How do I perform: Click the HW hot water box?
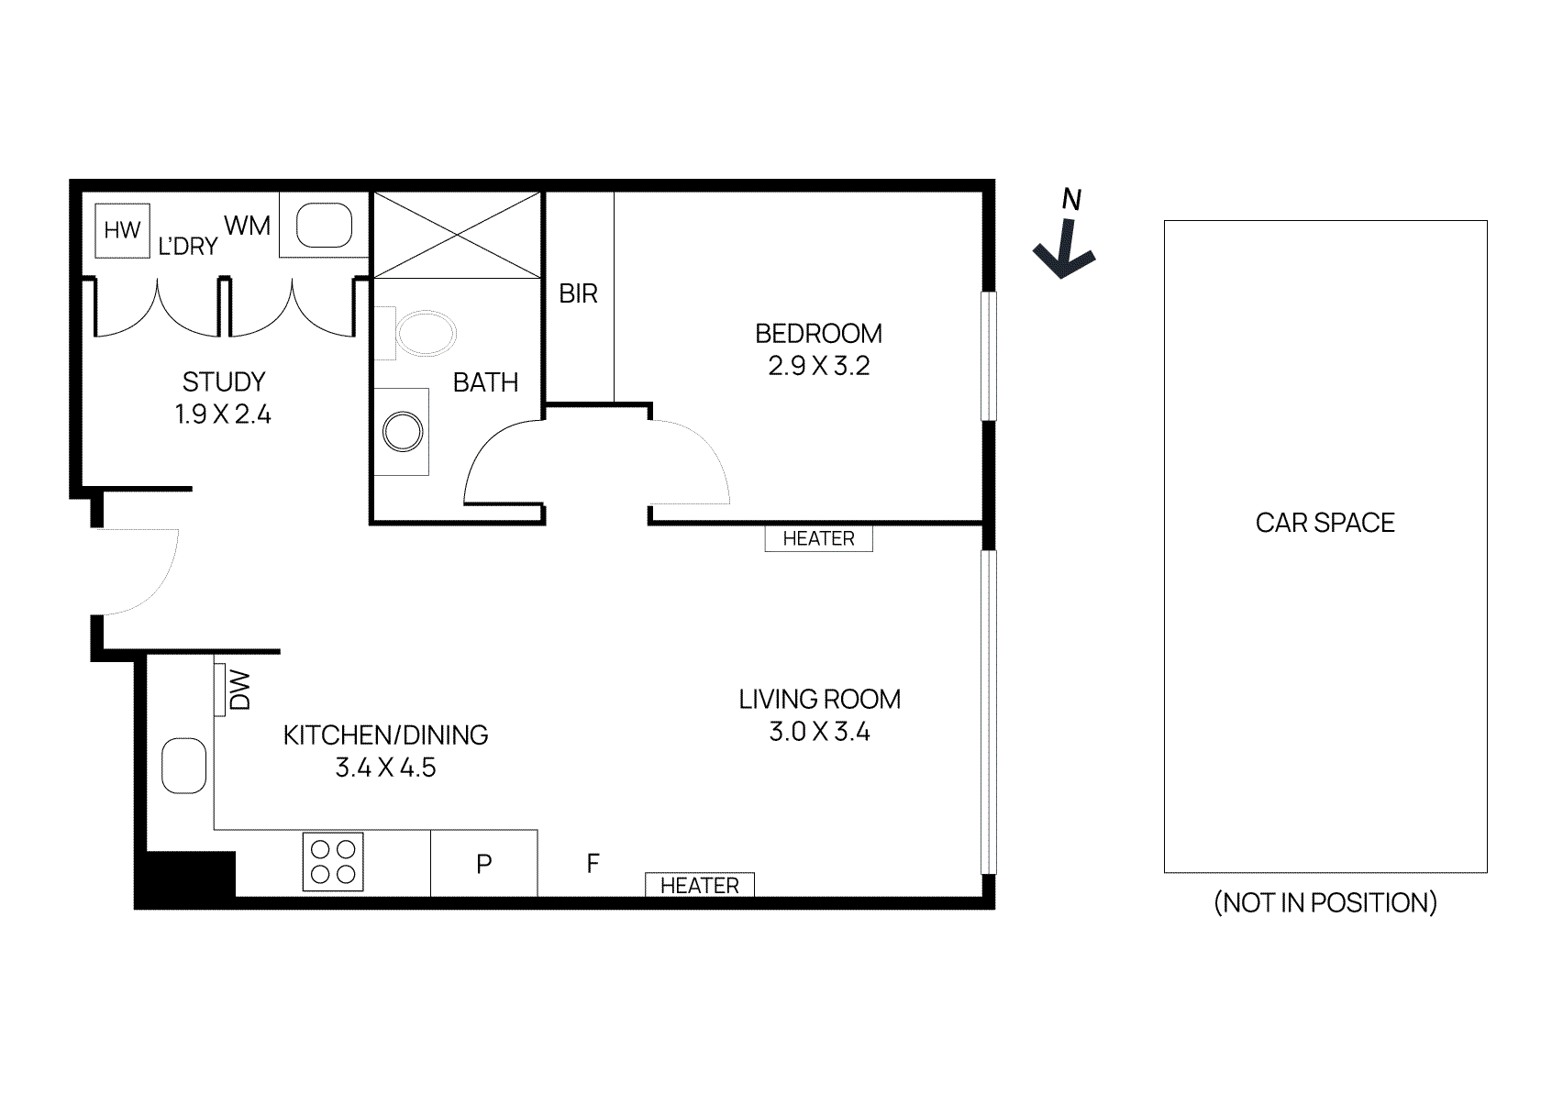[x=122, y=230]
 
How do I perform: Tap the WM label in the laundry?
[x=247, y=225]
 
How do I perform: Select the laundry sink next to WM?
[x=325, y=226]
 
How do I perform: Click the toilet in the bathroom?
[x=424, y=333]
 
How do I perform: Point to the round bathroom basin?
[x=403, y=432]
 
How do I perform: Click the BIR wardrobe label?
[x=578, y=293]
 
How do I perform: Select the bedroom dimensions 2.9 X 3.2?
[x=818, y=366]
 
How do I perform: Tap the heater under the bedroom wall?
[x=818, y=538]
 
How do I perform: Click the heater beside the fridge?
[x=699, y=885]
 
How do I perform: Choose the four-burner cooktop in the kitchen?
[x=333, y=862]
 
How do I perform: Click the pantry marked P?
[x=483, y=864]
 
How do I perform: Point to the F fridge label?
[x=593, y=863]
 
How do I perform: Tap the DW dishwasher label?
[x=239, y=690]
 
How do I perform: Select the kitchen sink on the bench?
[x=183, y=766]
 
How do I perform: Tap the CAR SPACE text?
[x=1325, y=523]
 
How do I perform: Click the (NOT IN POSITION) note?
[x=1325, y=903]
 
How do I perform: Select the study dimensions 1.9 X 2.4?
[x=223, y=414]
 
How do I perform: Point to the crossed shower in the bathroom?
[x=457, y=235]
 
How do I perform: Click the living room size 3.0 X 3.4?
[x=819, y=732]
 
